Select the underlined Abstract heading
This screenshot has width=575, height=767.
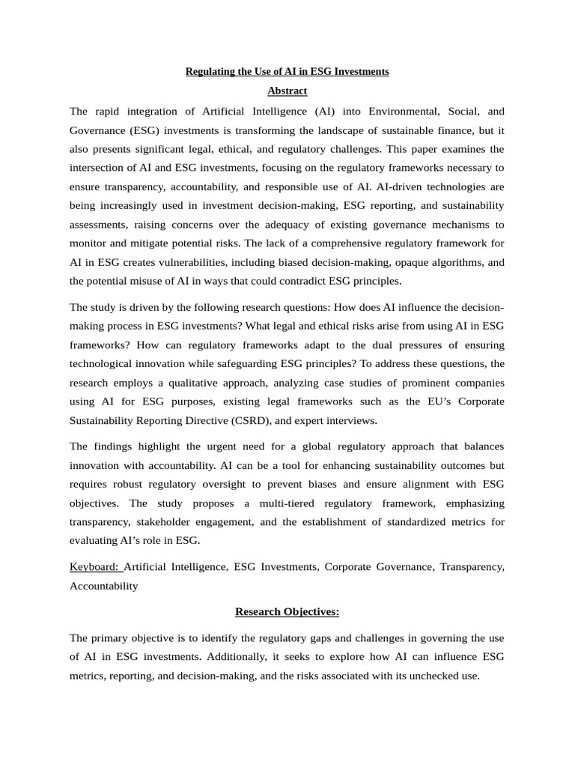[287, 91]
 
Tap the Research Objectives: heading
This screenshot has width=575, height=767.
[287, 612]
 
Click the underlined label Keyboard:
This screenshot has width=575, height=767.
[96, 567]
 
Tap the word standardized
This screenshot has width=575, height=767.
[399, 521]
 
